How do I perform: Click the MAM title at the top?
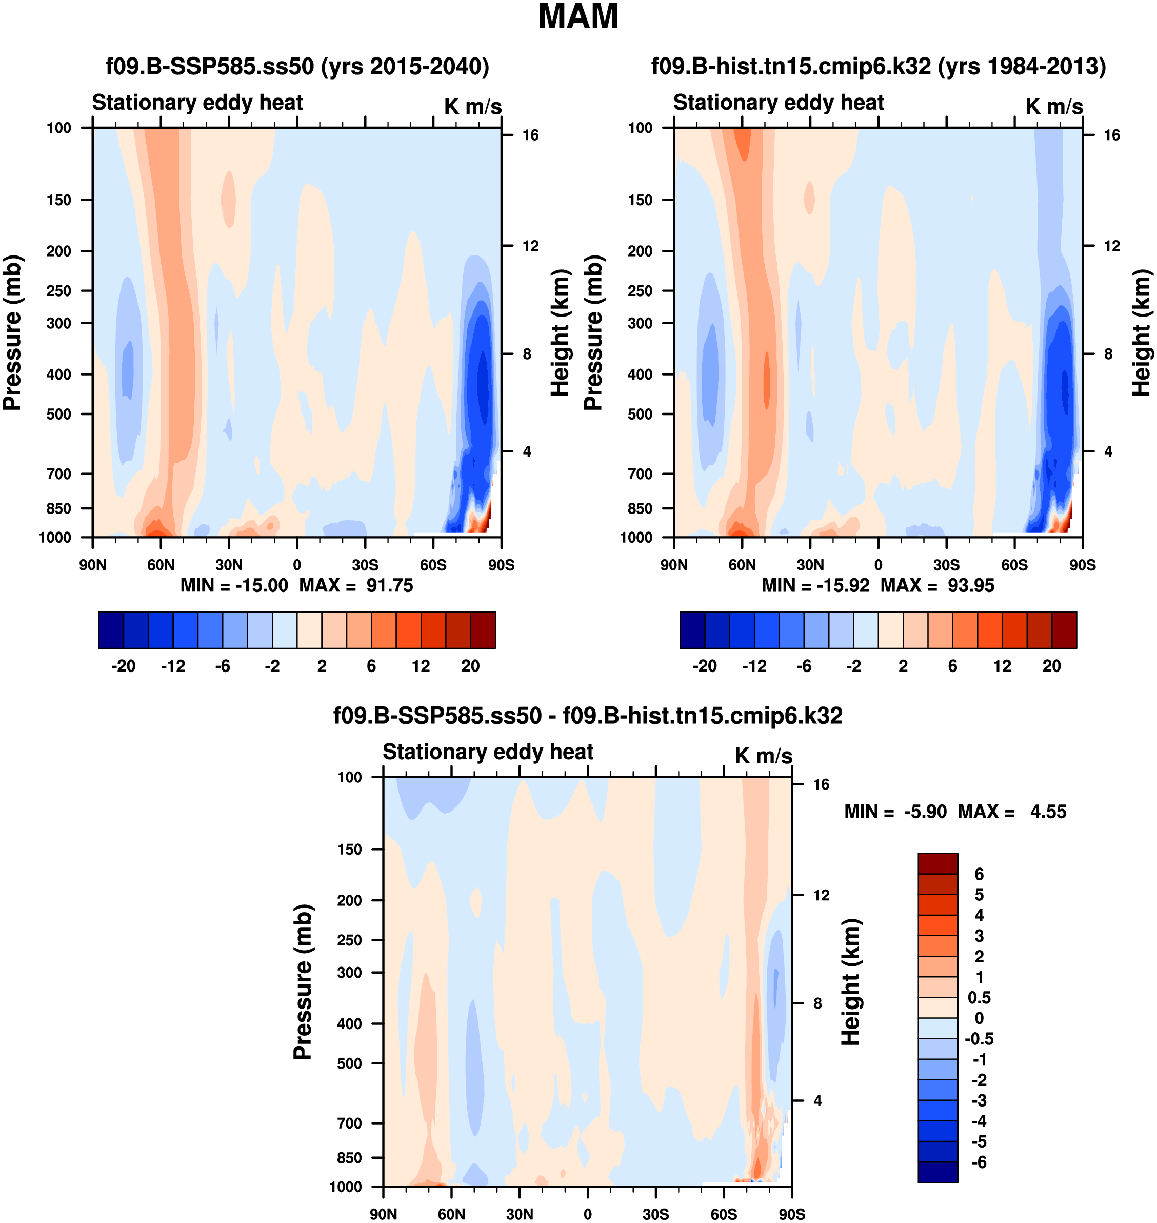[x=578, y=16]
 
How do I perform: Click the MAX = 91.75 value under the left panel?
[x=356, y=585]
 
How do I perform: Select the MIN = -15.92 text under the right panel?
[x=815, y=585]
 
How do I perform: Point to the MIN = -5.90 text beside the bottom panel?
[x=895, y=812]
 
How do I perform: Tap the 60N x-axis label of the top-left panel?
[x=161, y=565]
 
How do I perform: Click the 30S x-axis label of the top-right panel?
[x=946, y=565]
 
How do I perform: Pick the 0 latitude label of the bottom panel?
[x=587, y=1214]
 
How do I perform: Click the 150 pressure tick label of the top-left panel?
[x=59, y=200]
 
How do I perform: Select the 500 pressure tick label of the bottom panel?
[x=350, y=1063]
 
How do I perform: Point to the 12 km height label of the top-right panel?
[x=1111, y=246]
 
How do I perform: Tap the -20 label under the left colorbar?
[x=124, y=666]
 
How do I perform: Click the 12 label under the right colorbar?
[x=1002, y=666]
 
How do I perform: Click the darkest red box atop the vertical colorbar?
[x=937, y=863]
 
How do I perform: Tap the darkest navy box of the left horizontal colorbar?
[x=111, y=629]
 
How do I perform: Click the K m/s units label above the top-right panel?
[x=1054, y=107]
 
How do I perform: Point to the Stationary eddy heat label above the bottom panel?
[x=488, y=752]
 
